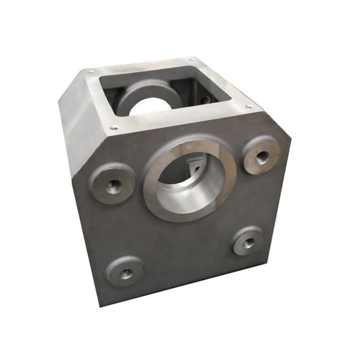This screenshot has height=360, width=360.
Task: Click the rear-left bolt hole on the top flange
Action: pyautogui.click(x=91, y=71)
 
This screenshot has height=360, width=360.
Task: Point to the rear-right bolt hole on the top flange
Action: pyautogui.click(x=192, y=59)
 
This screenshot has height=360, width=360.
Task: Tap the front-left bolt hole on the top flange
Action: pyautogui.click(x=114, y=127)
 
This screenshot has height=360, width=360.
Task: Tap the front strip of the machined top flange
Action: pyautogui.click(x=180, y=120)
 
